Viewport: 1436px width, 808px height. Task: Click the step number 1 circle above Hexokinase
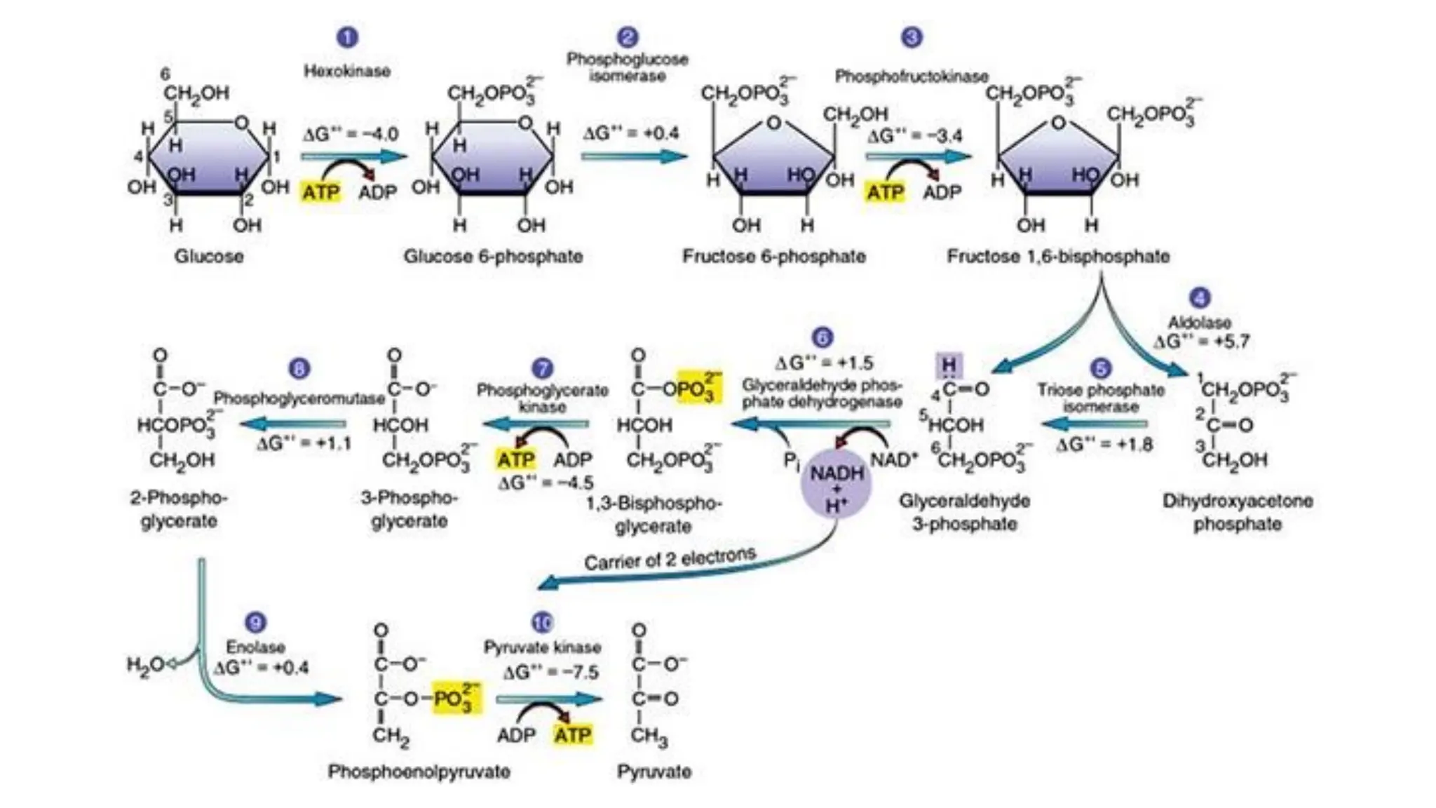pyautogui.click(x=347, y=37)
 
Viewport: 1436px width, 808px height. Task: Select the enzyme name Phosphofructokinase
pyautogui.click(x=911, y=76)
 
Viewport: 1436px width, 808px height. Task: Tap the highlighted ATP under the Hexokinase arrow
pyautogui.click(x=321, y=191)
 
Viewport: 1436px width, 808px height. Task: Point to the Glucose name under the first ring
pyautogui.click(x=208, y=256)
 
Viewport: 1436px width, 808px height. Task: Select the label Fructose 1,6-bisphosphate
pyautogui.click(x=1057, y=256)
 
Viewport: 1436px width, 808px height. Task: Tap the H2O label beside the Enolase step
pyautogui.click(x=144, y=664)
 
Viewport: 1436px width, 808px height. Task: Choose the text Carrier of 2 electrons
pyautogui.click(x=670, y=559)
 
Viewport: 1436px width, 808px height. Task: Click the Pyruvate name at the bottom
pyautogui.click(x=653, y=772)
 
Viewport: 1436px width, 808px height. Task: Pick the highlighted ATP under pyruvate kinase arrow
pyautogui.click(x=572, y=735)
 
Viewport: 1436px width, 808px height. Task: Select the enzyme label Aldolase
pyautogui.click(x=1199, y=323)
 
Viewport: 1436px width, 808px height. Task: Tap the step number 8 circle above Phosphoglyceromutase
pyautogui.click(x=299, y=369)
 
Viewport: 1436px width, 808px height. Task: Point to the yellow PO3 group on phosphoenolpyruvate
pyautogui.click(x=456, y=699)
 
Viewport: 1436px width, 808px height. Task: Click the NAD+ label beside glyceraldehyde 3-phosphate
pyautogui.click(x=893, y=460)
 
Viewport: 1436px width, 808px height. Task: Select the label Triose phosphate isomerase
pyautogui.click(x=1100, y=398)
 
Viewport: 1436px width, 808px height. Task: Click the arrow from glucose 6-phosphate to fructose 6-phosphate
pyautogui.click(x=633, y=156)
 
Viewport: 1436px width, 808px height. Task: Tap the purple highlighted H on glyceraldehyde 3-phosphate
pyautogui.click(x=949, y=365)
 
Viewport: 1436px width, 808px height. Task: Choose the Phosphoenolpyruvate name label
pyautogui.click(x=419, y=772)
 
